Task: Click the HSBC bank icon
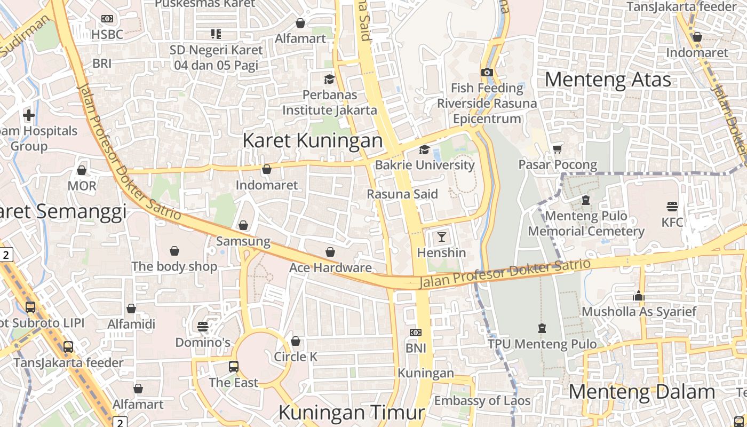tap(107, 19)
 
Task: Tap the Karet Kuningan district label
tap(313, 141)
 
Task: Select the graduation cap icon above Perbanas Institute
tap(329, 79)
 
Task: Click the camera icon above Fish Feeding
tap(487, 72)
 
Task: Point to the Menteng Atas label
tap(608, 80)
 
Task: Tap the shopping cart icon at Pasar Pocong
tap(558, 149)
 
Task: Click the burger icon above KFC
tap(672, 206)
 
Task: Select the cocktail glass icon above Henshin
tap(442, 236)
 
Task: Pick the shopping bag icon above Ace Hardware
tap(330, 252)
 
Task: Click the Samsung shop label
tap(243, 241)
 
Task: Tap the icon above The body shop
tap(174, 250)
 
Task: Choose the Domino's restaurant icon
tap(203, 326)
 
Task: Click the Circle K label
tap(296, 357)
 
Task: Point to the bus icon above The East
tap(234, 367)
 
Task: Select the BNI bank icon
tap(416, 333)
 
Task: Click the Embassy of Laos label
tap(482, 401)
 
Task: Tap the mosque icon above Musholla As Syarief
tap(639, 296)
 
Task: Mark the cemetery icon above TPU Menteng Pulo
tap(542, 328)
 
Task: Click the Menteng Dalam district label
tap(641, 392)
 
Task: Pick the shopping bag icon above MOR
tap(82, 170)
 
